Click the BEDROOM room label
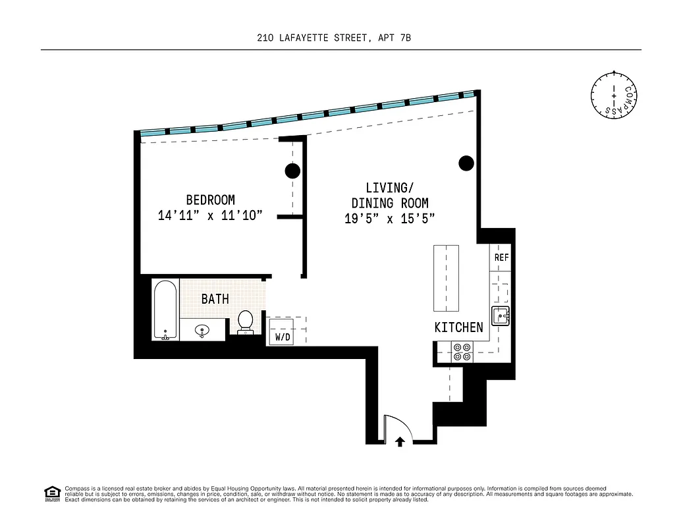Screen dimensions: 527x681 210,200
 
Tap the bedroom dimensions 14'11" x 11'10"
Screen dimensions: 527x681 210,215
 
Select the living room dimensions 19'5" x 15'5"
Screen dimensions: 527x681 389,219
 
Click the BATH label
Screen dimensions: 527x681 215,299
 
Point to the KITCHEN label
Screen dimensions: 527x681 458,327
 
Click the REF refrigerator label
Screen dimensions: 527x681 501,258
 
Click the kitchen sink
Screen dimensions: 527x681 501,317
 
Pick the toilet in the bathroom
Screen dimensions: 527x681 245,321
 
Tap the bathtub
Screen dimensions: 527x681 165,310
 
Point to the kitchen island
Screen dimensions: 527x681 446,278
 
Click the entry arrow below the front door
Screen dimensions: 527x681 400,441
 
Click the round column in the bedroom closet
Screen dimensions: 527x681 292,171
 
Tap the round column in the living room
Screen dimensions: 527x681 466,163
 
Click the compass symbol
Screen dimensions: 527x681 614,96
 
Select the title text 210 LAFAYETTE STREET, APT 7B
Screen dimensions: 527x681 334,38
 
